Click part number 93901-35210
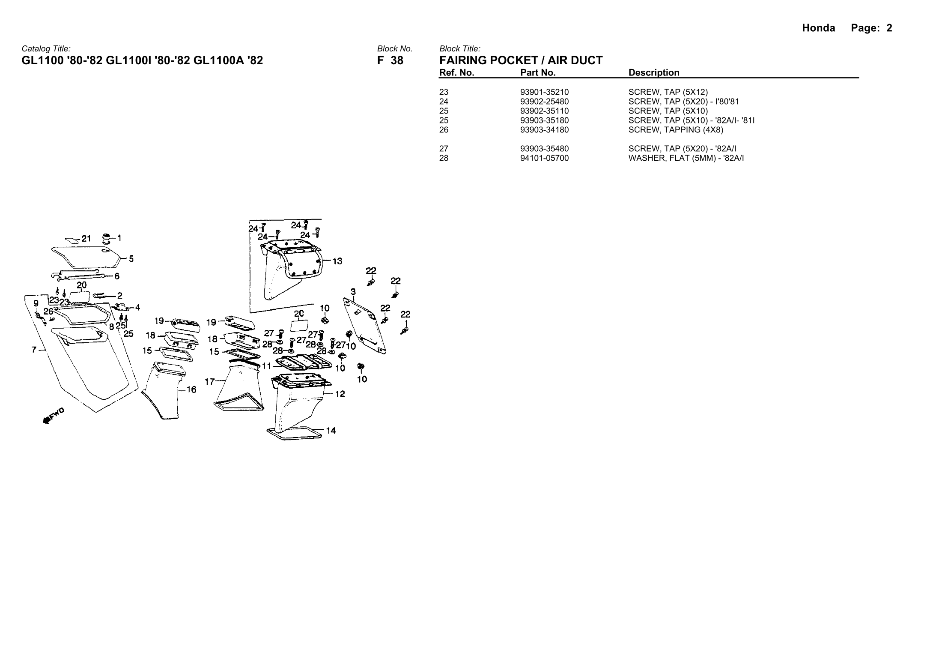[544, 92]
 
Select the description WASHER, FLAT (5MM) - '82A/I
[686, 158]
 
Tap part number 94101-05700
[544, 158]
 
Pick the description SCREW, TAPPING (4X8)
[676, 130]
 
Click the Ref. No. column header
[456, 73]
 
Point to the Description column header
[653, 73]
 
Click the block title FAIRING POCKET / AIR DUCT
[521, 60]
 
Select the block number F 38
[390, 60]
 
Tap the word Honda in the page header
[818, 28]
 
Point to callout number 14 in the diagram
[331, 431]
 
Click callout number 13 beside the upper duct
[337, 261]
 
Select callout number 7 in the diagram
[34, 350]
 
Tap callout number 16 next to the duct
[191, 389]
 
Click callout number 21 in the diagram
[86, 239]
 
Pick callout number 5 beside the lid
[131, 259]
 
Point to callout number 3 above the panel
[353, 292]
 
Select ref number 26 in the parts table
[444, 130]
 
